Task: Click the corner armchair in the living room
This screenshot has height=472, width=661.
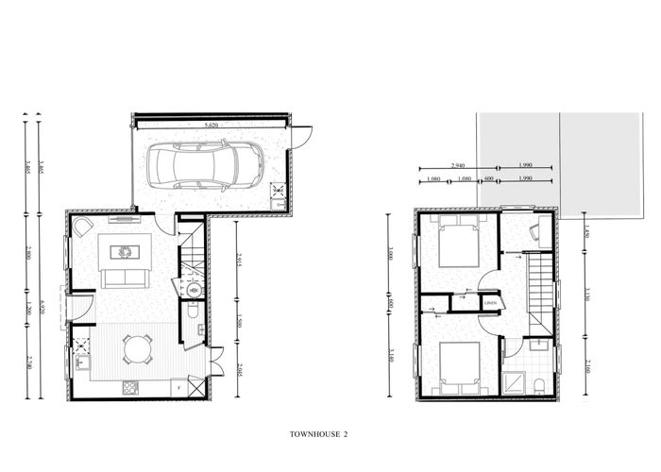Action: (x=83, y=227)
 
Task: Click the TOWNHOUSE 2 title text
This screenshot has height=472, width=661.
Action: (x=320, y=434)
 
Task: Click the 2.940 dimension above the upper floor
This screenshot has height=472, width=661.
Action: (x=460, y=164)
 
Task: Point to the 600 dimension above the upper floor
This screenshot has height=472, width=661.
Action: (x=489, y=178)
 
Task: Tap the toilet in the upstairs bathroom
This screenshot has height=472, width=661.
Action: (x=536, y=383)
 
